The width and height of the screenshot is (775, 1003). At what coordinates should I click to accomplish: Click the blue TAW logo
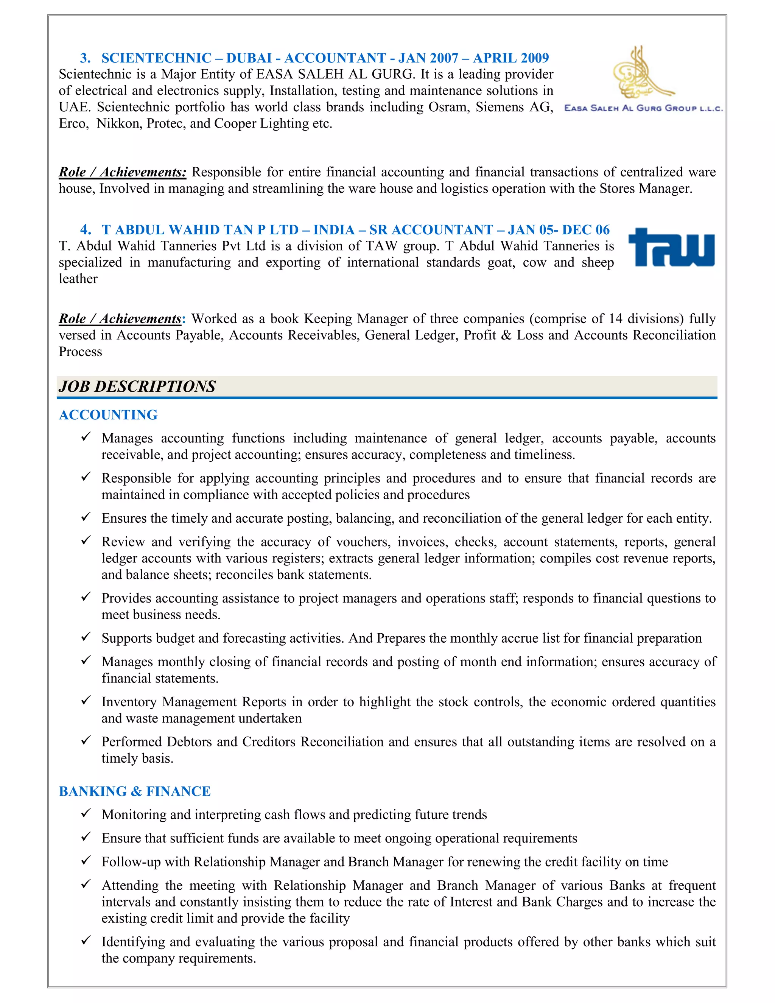pos(671,248)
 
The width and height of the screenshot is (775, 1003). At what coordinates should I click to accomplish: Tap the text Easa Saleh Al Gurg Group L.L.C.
pos(643,108)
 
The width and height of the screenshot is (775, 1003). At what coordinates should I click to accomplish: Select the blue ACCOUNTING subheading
pos(108,415)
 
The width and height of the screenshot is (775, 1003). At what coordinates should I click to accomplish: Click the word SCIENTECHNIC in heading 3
pos(156,58)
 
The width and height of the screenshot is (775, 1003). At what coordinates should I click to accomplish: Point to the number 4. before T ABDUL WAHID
pos(86,230)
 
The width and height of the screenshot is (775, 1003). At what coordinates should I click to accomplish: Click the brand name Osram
pos(446,107)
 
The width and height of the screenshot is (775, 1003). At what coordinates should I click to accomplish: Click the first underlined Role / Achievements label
pos(123,172)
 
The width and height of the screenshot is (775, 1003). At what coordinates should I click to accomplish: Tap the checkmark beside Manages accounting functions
pos(86,437)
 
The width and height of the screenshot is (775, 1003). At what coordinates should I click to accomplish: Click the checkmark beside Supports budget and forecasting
pos(86,637)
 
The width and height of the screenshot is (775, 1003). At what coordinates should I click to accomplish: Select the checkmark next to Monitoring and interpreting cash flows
pos(86,813)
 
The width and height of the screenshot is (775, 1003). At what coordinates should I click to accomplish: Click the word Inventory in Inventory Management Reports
pos(129,702)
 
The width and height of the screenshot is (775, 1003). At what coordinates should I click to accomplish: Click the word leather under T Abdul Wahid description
pos(78,279)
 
